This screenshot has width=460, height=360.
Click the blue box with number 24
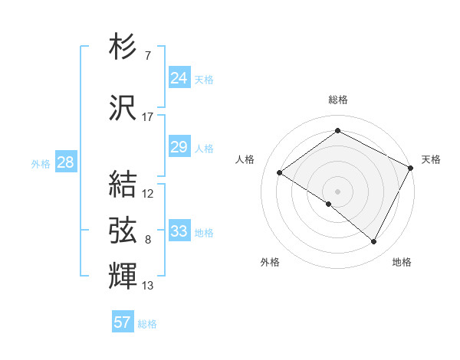pyautogui.click(x=179, y=78)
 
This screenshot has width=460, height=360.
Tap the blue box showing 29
pyautogui.click(x=179, y=147)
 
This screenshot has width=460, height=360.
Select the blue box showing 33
pyautogui.click(x=179, y=231)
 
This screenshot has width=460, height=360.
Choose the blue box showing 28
pyautogui.click(x=65, y=162)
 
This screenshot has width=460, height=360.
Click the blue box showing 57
pyautogui.click(x=123, y=322)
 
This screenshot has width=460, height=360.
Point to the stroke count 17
pyautogui.click(x=148, y=117)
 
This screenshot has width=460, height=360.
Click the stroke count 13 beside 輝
pyautogui.click(x=148, y=286)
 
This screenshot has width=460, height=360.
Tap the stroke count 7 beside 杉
pyautogui.click(x=147, y=55)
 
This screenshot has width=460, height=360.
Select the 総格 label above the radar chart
pyautogui.click(x=338, y=100)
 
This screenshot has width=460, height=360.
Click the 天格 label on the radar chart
pyautogui.click(x=431, y=159)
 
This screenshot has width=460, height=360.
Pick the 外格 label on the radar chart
pyautogui.click(x=270, y=262)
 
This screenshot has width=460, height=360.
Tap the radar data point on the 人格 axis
pyautogui.click(x=280, y=172)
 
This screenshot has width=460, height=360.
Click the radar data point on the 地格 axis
pyautogui.click(x=374, y=242)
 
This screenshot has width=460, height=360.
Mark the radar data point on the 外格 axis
pyautogui.click(x=329, y=204)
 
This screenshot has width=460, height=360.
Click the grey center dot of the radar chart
pyautogui.click(x=337, y=191)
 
